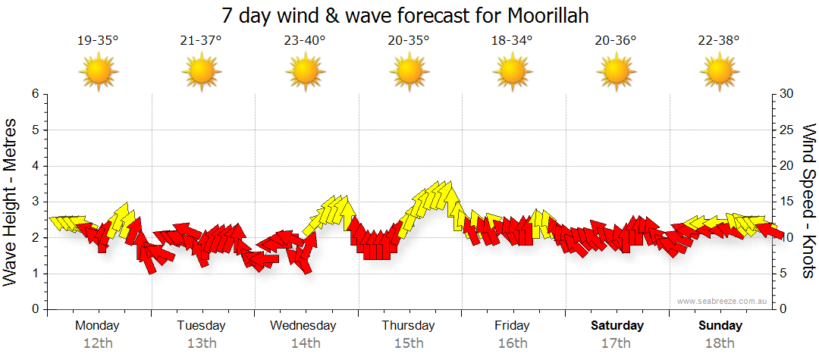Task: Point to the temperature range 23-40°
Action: click(304, 41)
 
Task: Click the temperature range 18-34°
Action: click(512, 41)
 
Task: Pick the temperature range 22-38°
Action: click(719, 41)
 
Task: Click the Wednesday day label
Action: click(303, 326)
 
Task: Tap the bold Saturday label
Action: click(617, 326)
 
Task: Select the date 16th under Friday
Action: click(513, 343)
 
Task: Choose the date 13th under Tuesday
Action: click(201, 343)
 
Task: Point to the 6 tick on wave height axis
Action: click(35, 94)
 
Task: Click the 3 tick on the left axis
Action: click(35, 202)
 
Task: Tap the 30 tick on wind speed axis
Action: click(787, 94)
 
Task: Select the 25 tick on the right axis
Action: click(787, 130)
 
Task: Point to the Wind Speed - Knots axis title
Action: click(808, 202)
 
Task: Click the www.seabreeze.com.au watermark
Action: click(723, 302)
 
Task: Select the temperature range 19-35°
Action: click(98, 41)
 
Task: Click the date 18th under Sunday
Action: click(720, 343)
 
